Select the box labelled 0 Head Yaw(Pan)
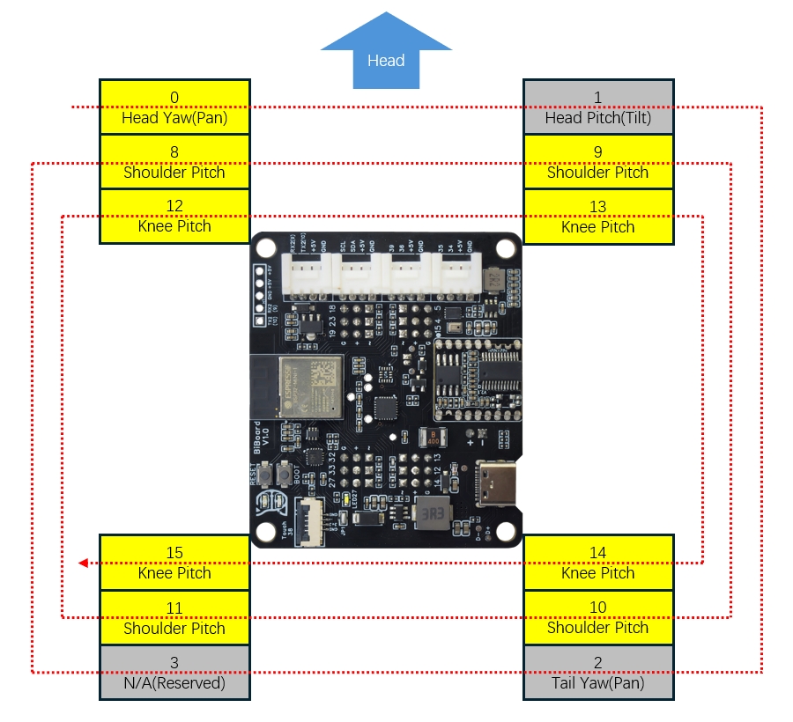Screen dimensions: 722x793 (x=174, y=107)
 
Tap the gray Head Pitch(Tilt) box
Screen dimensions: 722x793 (x=598, y=107)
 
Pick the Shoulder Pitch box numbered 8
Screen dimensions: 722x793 (x=174, y=162)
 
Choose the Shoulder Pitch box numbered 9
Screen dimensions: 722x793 (x=598, y=162)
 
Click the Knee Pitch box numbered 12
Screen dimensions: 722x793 (x=174, y=217)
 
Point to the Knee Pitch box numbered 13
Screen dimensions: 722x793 (x=598, y=217)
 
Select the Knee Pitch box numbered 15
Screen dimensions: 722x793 (x=174, y=563)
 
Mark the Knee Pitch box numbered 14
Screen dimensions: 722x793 (x=598, y=563)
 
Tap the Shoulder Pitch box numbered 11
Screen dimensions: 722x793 (x=174, y=618)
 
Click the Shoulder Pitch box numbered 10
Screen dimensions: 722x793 (x=598, y=618)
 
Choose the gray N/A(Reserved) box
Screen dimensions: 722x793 (x=174, y=673)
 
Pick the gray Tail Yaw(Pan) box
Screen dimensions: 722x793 (x=598, y=673)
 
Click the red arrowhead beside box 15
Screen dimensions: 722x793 (x=82, y=563)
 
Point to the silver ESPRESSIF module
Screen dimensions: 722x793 (x=308, y=385)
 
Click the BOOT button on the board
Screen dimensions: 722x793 (x=284, y=475)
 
